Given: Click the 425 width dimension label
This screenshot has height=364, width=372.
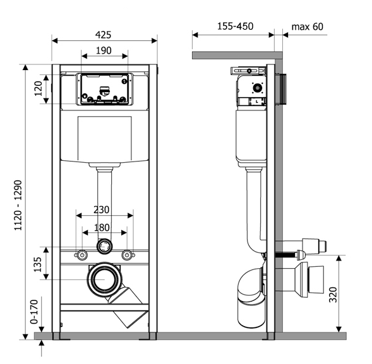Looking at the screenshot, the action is coord(103,35).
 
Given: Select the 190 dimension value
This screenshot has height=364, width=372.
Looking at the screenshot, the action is coord(104,50).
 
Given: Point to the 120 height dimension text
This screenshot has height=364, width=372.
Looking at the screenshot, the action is coord(38,88).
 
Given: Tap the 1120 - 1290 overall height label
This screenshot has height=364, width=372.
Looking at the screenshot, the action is coord(18,206).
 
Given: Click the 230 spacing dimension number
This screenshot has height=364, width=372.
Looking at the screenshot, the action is coord(101,210).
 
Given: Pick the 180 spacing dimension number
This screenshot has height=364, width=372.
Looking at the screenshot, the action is coord(102,228).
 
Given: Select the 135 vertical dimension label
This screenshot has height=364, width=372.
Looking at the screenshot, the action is coord(37,264).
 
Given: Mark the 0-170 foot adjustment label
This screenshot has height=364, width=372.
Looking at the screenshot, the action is coord(34,312).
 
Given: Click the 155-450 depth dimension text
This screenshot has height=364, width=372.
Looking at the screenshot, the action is coord(236,26).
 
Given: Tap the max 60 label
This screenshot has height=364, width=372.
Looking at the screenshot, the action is coord(307,26).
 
